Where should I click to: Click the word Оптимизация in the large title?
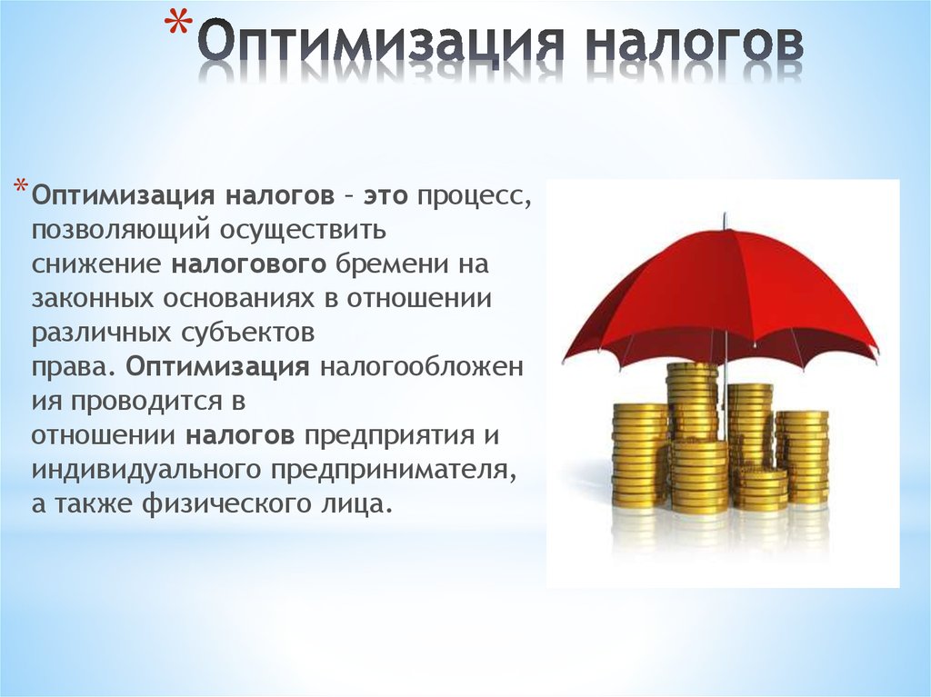378,42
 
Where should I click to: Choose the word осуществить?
303,231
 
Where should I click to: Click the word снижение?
96,264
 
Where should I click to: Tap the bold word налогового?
249,264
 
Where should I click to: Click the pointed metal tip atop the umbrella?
725,217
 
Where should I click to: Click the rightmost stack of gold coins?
802,458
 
